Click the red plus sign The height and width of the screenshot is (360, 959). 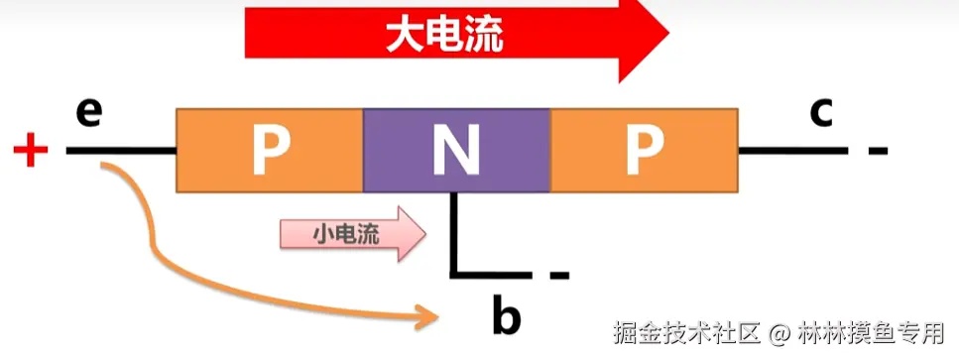tap(31, 152)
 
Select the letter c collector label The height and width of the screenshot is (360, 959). tap(819, 112)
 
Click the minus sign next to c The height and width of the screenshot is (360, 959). tap(878, 152)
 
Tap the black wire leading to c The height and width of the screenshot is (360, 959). tap(793, 151)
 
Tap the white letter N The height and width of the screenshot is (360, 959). tap(457, 150)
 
